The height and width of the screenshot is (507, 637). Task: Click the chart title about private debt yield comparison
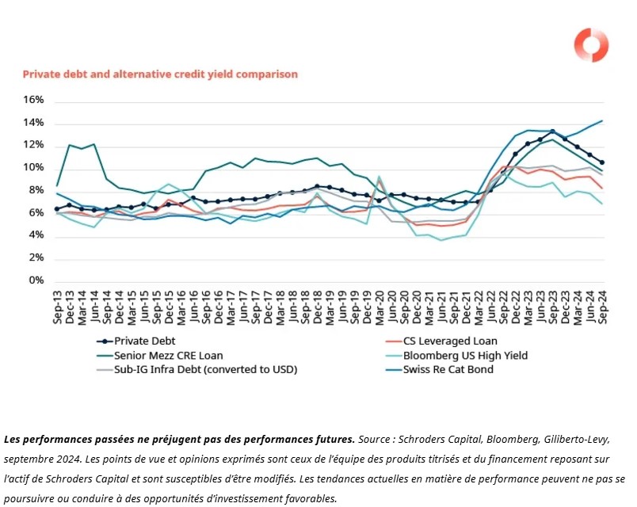click(160, 74)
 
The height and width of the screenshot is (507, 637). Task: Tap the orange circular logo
click(591, 45)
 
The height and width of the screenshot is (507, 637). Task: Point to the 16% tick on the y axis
click(34, 100)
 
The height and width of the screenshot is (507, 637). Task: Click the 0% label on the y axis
click(37, 280)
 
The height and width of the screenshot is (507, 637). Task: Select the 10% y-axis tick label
click(34, 168)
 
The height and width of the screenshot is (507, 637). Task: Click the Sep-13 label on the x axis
click(56, 305)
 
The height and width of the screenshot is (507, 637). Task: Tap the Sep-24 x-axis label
click(602, 305)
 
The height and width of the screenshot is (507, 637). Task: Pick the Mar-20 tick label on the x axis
click(380, 305)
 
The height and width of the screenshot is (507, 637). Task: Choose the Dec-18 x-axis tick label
click(317, 305)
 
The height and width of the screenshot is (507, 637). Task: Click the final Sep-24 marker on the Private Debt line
click(601, 162)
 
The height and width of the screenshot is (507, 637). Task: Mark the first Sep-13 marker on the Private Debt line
click(56, 209)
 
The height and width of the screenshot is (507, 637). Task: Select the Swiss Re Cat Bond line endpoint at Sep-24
click(602, 121)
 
